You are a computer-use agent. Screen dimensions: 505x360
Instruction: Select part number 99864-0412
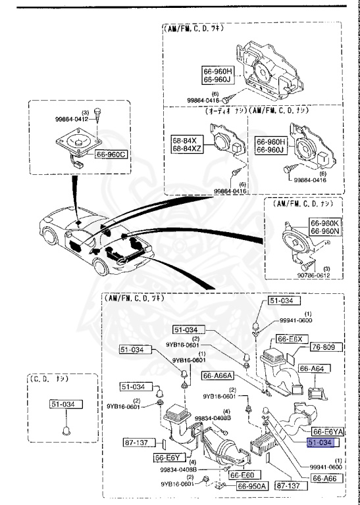(x=70, y=120)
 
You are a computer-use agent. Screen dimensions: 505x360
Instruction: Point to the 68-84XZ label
(x=188, y=150)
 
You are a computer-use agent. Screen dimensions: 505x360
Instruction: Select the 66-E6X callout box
(x=290, y=339)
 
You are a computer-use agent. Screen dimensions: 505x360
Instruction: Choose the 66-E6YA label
(x=327, y=432)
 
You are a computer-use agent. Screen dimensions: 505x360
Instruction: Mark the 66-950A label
(x=252, y=487)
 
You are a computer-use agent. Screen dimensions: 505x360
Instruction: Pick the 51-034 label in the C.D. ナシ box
(x=64, y=405)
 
